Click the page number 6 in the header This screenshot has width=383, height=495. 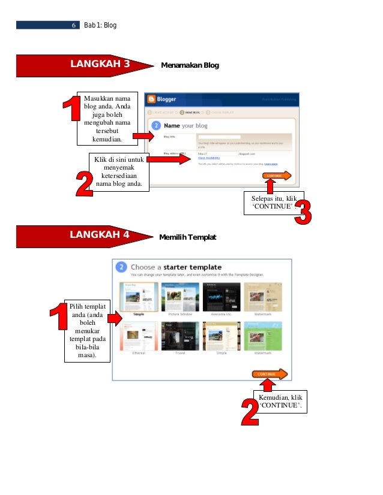(73, 26)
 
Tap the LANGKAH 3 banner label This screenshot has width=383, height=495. (100, 64)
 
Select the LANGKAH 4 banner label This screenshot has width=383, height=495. (100, 234)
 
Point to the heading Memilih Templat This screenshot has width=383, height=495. (187, 238)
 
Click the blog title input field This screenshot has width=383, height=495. (219, 137)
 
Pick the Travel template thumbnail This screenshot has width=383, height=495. (181, 335)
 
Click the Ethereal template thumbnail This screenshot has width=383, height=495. (139, 335)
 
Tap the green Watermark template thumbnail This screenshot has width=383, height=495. (262, 335)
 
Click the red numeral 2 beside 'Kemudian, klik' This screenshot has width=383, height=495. (249, 412)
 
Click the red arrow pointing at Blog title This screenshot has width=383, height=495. (144, 137)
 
